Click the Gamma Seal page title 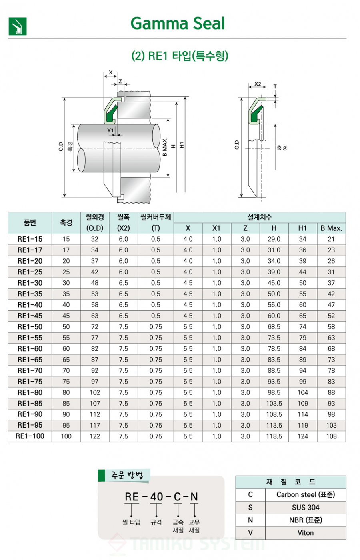click(178, 24)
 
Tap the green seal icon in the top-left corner click(18, 26)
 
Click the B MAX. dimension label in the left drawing click(165, 147)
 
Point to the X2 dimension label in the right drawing click(258, 84)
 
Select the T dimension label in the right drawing click(275, 87)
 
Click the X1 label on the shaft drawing click(110, 130)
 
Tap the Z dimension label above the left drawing click(120, 81)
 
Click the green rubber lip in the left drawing click(112, 114)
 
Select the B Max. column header click(331, 228)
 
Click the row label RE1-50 click(30, 327)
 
